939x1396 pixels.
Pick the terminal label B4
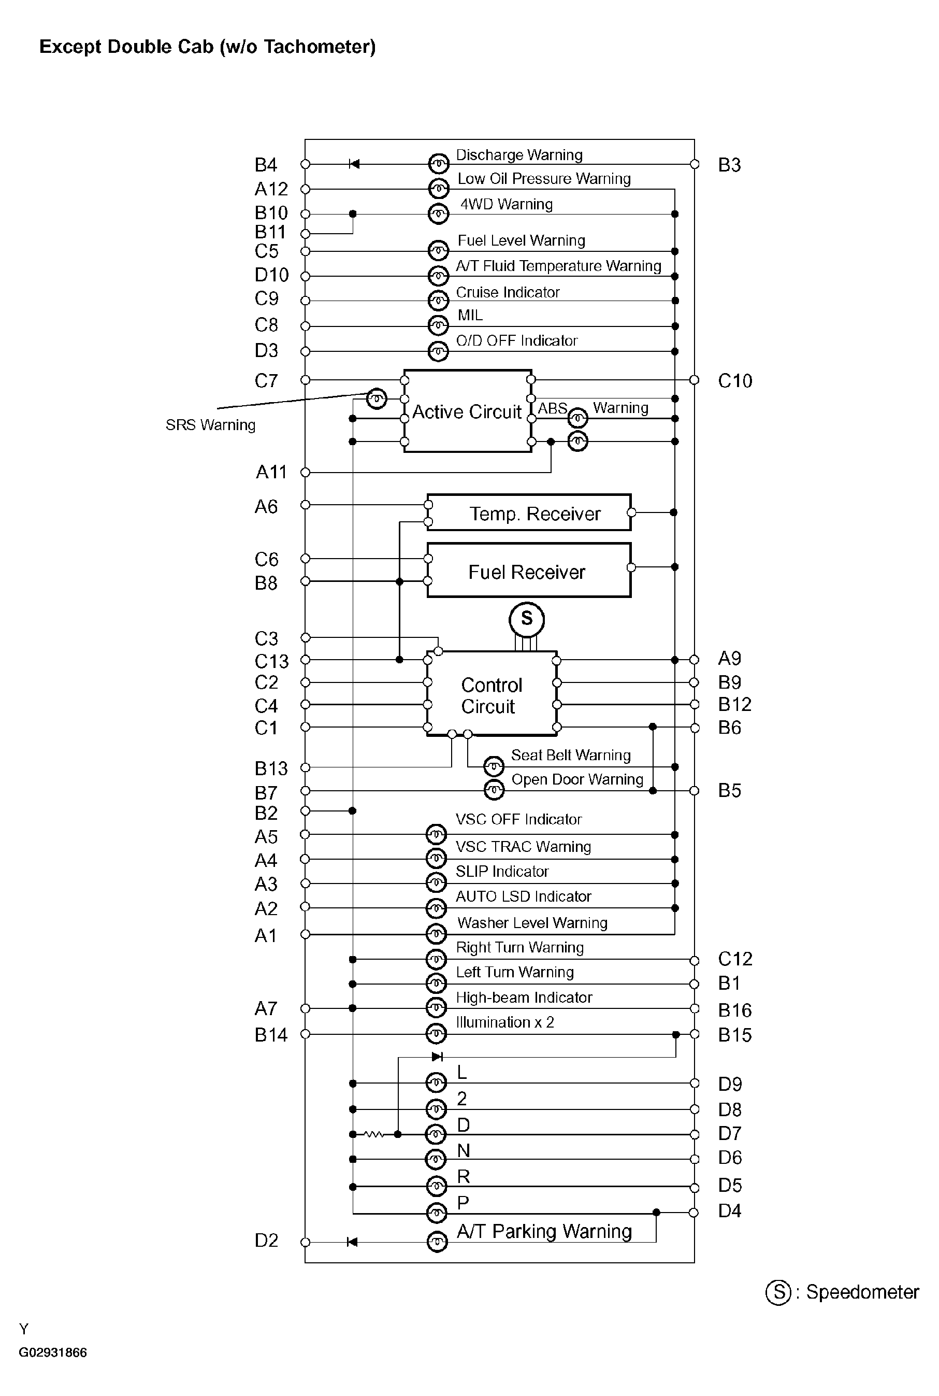coord(266,165)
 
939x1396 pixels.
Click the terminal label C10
coord(735,380)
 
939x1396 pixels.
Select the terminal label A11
coord(271,472)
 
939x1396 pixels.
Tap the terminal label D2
coord(267,1240)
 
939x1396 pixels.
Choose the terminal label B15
coord(735,1035)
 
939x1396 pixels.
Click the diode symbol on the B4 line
coord(354,164)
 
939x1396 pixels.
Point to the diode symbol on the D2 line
coord(352,1242)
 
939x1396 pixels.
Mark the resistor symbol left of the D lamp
coord(374,1134)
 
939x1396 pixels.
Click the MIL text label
coord(470,315)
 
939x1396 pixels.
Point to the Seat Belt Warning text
coord(571,755)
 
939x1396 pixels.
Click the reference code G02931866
coord(53,1352)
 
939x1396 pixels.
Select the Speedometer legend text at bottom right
coord(862,1292)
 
